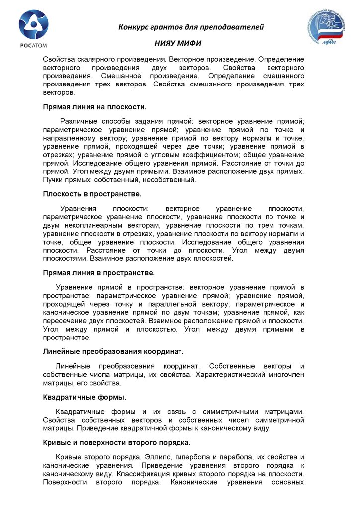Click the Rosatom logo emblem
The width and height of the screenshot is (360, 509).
(33, 25)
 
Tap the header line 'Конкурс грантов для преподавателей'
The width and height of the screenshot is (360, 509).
(191, 27)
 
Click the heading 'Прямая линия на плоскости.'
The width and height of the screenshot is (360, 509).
(94, 107)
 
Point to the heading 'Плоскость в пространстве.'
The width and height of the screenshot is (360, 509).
(92, 194)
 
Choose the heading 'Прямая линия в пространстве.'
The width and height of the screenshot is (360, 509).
(99, 273)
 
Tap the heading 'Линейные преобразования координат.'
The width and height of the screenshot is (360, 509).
(113, 352)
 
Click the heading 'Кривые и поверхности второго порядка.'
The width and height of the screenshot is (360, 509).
(117, 442)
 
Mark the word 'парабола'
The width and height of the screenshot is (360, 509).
(251, 457)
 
